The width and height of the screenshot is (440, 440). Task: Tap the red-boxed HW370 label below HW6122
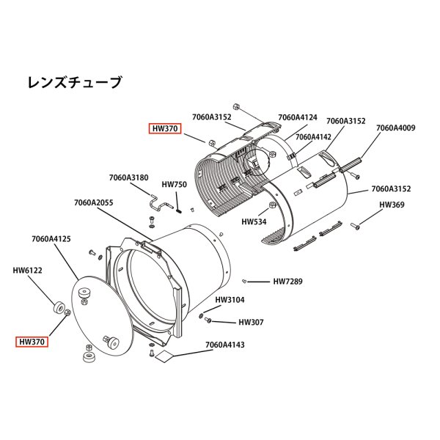(33, 341)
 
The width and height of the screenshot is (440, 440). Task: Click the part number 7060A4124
(298, 117)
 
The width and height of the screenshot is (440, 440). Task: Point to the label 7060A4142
(313, 136)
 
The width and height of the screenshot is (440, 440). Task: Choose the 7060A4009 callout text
(396, 128)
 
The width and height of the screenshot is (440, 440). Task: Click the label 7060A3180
(128, 177)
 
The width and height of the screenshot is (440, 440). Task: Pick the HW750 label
(175, 185)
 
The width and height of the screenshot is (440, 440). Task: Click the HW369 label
(392, 205)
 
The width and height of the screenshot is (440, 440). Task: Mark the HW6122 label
(28, 270)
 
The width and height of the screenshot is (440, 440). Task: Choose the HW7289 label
(287, 281)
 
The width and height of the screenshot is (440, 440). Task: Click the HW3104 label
(230, 300)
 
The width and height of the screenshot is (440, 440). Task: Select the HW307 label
(251, 322)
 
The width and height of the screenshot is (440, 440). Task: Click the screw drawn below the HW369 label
(357, 224)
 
